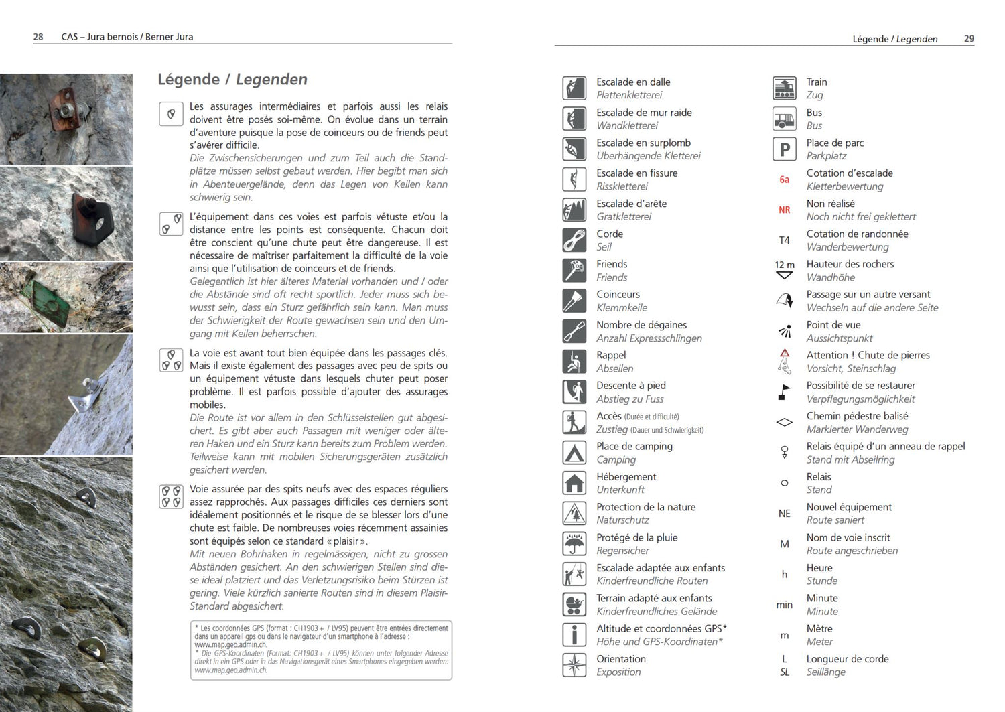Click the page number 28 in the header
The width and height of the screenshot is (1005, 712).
pyautogui.click(x=38, y=37)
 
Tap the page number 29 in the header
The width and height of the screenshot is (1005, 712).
pyautogui.click(x=969, y=39)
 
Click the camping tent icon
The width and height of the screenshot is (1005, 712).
pyautogui.click(x=574, y=453)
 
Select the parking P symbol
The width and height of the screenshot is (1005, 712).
pyautogui.click(x=784, y=149)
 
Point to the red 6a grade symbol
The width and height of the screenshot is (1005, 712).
pyautogui.click(x=784, y=180)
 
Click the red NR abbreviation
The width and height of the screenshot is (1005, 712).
pyautogui.click(x=784, y=210)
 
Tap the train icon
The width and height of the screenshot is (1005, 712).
pyautogui.click(x=784, y=88)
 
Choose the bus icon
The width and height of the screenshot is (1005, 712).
pyautogui.click(x=784, y=119)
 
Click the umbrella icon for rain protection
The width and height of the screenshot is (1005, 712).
pyautogui.click(x=574, y=544)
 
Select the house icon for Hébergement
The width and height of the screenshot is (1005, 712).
pyautogui.click(x=574, y=483)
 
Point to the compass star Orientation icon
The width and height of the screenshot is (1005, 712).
pyautogui.click(x=574, y=665)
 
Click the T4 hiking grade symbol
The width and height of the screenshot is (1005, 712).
pyautogui.click(x=784, y=240)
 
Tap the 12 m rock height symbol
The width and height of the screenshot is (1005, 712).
pyautogui.click(x=784, y=270)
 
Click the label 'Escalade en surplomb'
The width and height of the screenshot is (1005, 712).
pyautogui.click(x=643, y=143)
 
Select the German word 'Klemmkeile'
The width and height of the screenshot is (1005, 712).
pyautogui.click(x=622, y=308)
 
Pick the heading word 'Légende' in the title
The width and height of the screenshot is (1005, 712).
pyautogui.click(x=188, y=80)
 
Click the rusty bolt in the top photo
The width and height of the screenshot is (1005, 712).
pyautogui.click(x=66, y=110)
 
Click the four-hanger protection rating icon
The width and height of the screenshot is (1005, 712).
pyautogui.click(x=172, y=496)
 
